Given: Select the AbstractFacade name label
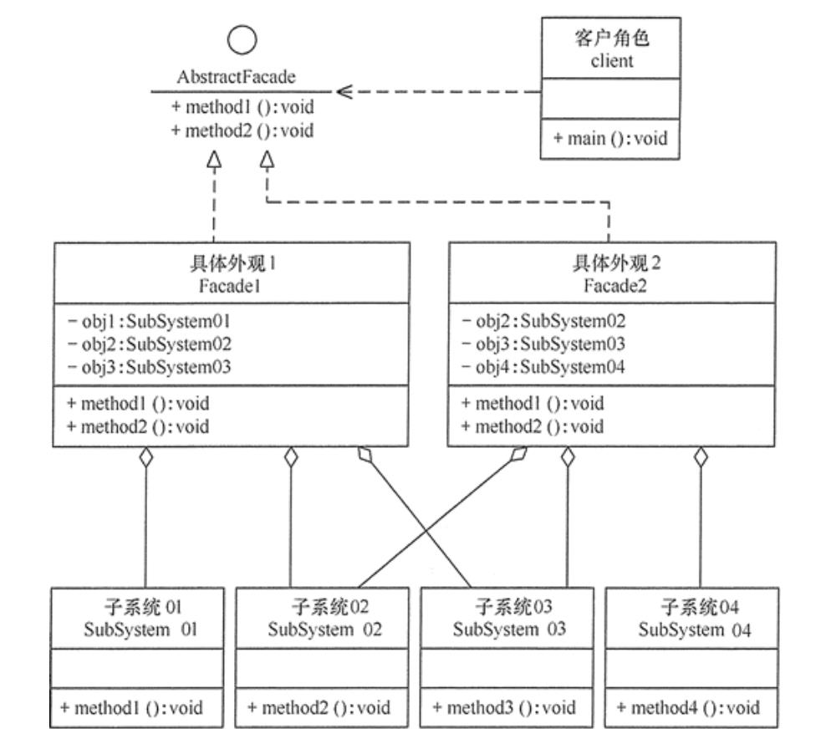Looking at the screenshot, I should tap(237, 78).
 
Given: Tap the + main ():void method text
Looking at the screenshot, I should tap(610, 139).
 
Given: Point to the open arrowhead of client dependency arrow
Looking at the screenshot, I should tap(343, 92).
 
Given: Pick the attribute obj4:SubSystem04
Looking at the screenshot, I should tap(543, 366).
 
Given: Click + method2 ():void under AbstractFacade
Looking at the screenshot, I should tap(242, 130).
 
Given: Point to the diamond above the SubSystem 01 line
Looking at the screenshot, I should tap(146, 457).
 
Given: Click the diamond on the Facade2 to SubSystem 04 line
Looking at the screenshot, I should tap(701, 457).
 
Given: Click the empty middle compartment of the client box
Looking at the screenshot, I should tap(610, 99).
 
